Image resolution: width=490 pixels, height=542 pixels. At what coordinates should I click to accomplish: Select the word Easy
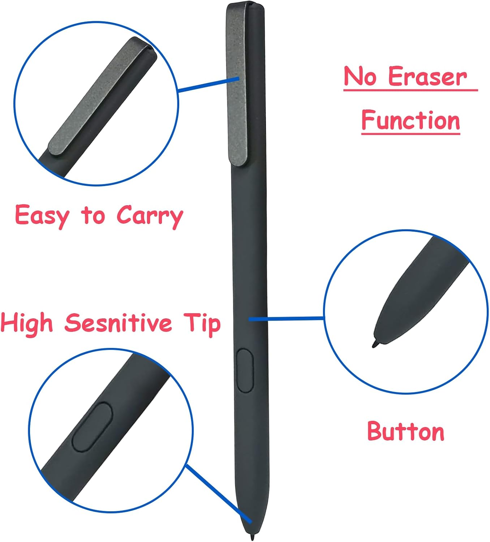pyautogui.click(x=42, y=216)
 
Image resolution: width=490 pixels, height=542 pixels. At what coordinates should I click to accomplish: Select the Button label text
pyautogui.click(x=405, y=431)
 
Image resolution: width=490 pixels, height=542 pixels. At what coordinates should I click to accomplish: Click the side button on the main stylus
pyautogui.click(x=245, y=370)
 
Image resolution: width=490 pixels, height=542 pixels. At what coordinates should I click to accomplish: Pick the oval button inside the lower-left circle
pyautogui.click(x=92, y=427)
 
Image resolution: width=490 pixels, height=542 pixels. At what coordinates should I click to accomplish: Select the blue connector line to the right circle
pyautogui.click(x=287, y=319)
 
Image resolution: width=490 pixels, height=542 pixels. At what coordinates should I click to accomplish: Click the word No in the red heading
pyautogui.click(x=360, y=77)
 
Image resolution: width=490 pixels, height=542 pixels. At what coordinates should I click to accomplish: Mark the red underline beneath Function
pyautogui.click(x=411, y=134)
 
